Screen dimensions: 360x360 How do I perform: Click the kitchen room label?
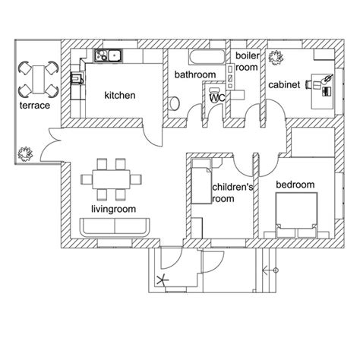120,96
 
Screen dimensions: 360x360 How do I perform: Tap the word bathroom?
195,74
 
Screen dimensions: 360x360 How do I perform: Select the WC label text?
217,98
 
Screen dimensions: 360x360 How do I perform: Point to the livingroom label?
113,210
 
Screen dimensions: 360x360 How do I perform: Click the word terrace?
35,106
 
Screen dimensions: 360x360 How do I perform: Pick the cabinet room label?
284,85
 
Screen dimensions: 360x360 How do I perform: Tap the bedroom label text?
295,185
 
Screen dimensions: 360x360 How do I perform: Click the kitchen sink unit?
109,55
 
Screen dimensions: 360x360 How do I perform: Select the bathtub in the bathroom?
207,57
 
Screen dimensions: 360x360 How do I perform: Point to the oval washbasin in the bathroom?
174,103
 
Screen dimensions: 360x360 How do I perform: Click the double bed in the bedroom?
296,215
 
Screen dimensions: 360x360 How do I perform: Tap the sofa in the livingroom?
115,227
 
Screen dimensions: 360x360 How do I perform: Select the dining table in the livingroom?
111,179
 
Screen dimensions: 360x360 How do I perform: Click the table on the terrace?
39,79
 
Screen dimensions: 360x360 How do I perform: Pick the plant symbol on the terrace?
25,154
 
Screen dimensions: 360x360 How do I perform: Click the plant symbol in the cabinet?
276,58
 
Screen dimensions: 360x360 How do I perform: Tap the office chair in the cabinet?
308,84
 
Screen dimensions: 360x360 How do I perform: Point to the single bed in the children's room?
201,181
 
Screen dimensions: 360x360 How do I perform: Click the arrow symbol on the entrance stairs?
270,270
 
